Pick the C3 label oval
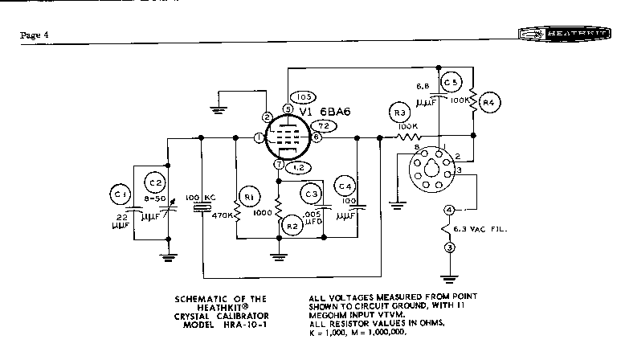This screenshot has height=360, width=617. click(312, 193)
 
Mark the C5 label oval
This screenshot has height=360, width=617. click(452, 84)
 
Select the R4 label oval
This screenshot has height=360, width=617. click(492, 102)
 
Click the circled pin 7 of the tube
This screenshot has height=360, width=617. click(279, 165)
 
